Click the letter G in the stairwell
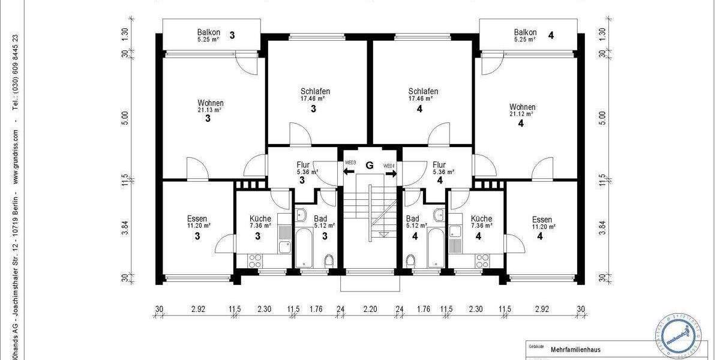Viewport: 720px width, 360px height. point(370,165)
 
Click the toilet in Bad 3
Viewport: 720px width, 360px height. point(328,260)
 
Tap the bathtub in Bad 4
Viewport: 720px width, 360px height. point(436,247)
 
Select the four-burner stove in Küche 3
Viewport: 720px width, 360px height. point(255,260)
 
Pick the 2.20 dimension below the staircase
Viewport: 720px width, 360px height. point(370,310)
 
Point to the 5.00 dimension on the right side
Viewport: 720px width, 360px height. point(602,118)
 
